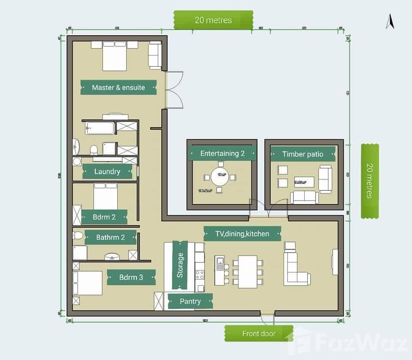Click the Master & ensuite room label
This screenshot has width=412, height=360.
coord(118,87)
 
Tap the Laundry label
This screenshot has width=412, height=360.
coord(107,171)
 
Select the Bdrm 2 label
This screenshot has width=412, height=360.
coord(104,217)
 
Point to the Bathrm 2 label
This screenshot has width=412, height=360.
coord(110,237)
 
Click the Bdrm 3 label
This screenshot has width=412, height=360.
coord(131,278)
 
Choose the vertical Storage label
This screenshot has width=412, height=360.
coord(180,265)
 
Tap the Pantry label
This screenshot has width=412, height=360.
coord(190,301)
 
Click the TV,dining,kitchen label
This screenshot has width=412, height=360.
coord(242,234)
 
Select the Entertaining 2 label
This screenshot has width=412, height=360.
coord(222,153)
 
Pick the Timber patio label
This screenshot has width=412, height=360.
coord(303,154)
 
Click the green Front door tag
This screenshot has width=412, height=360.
coord(259,333)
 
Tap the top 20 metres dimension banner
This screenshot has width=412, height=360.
coord(213,20)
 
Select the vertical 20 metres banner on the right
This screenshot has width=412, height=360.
coord(370,181)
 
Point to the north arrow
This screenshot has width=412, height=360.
coord(390,21)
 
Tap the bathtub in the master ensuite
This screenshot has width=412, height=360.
coord(100,128)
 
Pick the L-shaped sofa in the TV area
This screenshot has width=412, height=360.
coord(296,270)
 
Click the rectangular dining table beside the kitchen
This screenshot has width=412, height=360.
coord(247,272)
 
